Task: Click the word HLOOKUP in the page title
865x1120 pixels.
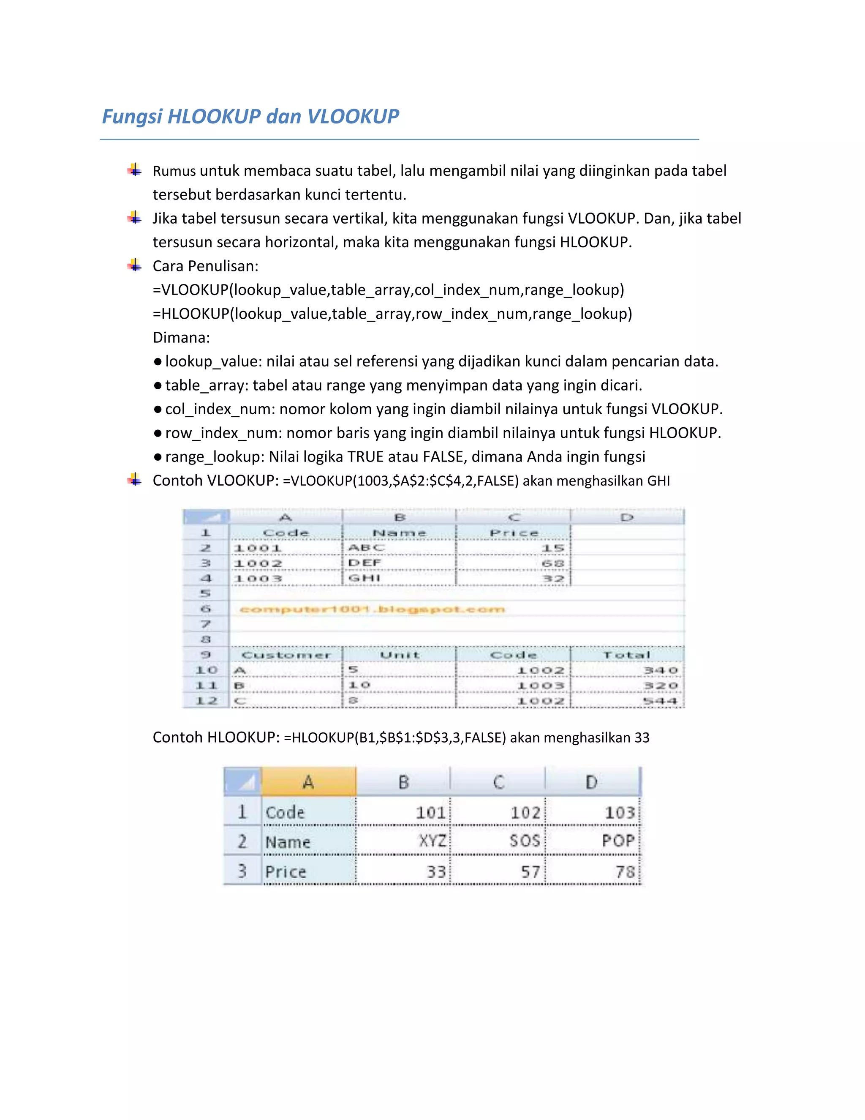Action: pyautogui.click(x=214, y=116)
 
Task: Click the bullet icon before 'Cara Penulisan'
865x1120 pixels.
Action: pyautogui.click(x=135, y=265)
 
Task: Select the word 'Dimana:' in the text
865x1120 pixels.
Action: pyautogui.click(x=181, y=337)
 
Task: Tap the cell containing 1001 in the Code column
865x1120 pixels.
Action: pyautogui.click(x=258, y=548)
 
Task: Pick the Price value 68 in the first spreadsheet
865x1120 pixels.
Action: pyautogui.click(x=553, y=563)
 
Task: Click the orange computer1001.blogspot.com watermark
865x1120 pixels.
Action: pyautogui.click(x=373, y=609)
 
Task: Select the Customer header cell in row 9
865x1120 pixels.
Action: pyautogui.click(x=286, y=655)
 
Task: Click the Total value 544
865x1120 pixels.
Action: pyautogui.click(x=660, y=700)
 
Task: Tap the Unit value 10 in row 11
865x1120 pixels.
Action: pyautogui.click(x=360, y=685)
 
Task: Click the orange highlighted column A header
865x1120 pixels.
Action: pyautogui.click(x=308, y=781)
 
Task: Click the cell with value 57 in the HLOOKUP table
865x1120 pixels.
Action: pyautogui.click(x=530, y=871)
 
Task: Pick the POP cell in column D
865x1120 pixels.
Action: pyautogui.click(x=618, y=841)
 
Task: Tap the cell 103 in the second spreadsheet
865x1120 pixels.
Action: pyautogui.click(x=620, y=812)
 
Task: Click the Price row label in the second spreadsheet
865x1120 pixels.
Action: pyautogui.click(x=286, y=871)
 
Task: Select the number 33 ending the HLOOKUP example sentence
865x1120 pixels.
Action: pyautogui.click(x=642, y=738)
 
